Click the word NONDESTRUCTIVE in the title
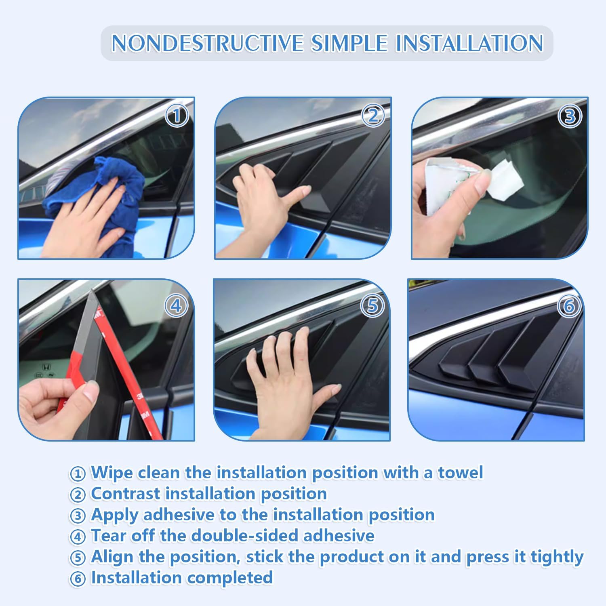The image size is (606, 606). (207, 43)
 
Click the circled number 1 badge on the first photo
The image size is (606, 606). (177, 116)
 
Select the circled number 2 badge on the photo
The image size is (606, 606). (373, 116)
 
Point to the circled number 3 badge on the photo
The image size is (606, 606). (570, 116)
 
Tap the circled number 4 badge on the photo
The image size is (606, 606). (176, 306)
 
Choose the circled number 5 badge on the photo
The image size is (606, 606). (372, 306)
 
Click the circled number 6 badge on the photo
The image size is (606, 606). (569, 306)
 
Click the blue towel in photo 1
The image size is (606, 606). (121, 194)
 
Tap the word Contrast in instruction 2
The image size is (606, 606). (126, 494)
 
